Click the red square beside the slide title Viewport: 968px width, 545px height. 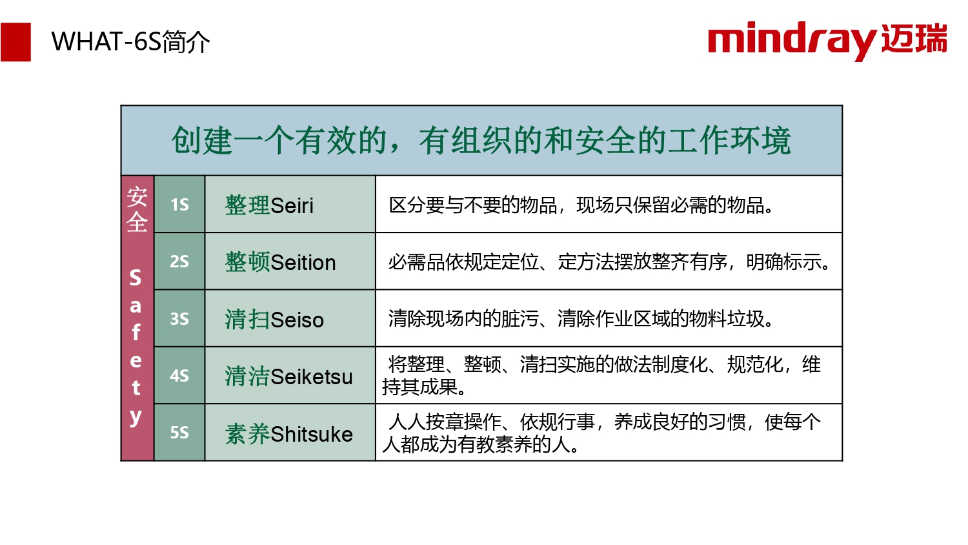pyautogui.click(x=15, y=42)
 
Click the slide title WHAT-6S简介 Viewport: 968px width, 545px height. pyautogui.click(x=130, y=42)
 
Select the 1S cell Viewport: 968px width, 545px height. pyautogui.click(x=179, y=204)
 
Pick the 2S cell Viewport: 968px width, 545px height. pyautogui.click(x=179, y=262)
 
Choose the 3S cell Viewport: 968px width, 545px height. pyautogui.click(x=179, y=318)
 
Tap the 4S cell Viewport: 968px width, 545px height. pyautogui.click(x=179, y=375)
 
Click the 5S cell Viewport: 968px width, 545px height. pyautogui.click(x=179, y=433)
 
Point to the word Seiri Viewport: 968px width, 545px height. pyautogui.click(x=292, y=205)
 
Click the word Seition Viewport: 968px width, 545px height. pyautogui.click(x=303, y=263)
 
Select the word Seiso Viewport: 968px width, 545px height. pyautogui.click(x=297, y=320)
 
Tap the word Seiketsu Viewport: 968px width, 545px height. pyautogui.click(x=312, y=376)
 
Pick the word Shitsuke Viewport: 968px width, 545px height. pyautogui.click(x=312, y=434)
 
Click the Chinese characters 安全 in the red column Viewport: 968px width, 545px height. pyautogui.click(x=137, y=210)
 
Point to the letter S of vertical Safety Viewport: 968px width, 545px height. pyautogui.click(x=136, y=277)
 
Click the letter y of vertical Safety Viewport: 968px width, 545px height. pyautogui.click(x=136, y=417)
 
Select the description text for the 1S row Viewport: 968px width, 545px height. pyautogui.click(x=581, y=205)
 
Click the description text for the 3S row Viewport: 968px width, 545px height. pyautogui.click(x=581, y=319)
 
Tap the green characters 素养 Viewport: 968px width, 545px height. pyautogui.click(x=248, y=434)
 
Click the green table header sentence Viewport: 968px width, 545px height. pyautogui.click(x=481, y=141)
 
